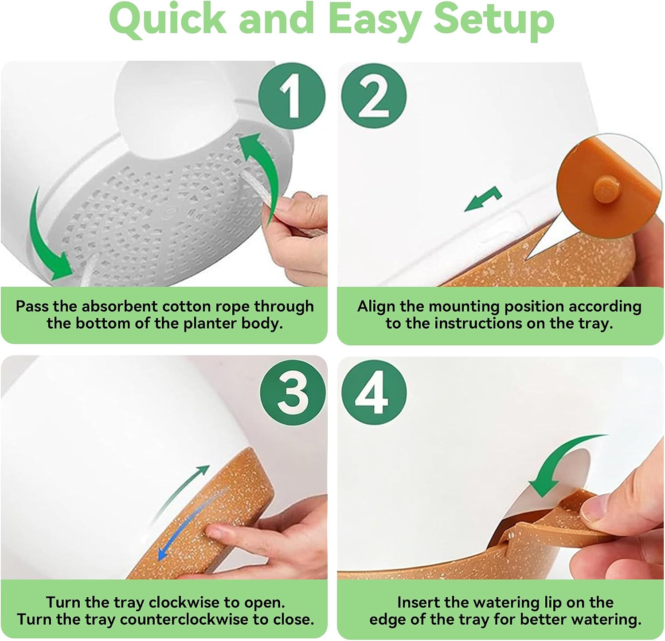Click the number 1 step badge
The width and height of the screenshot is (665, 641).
tap(292, 96)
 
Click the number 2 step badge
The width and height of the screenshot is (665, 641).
tap(374, 96)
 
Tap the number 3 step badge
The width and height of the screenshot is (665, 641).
tap(293, 393)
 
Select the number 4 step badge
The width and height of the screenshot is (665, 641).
tap(374, 393)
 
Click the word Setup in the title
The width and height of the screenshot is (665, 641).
tap(494, 20)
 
